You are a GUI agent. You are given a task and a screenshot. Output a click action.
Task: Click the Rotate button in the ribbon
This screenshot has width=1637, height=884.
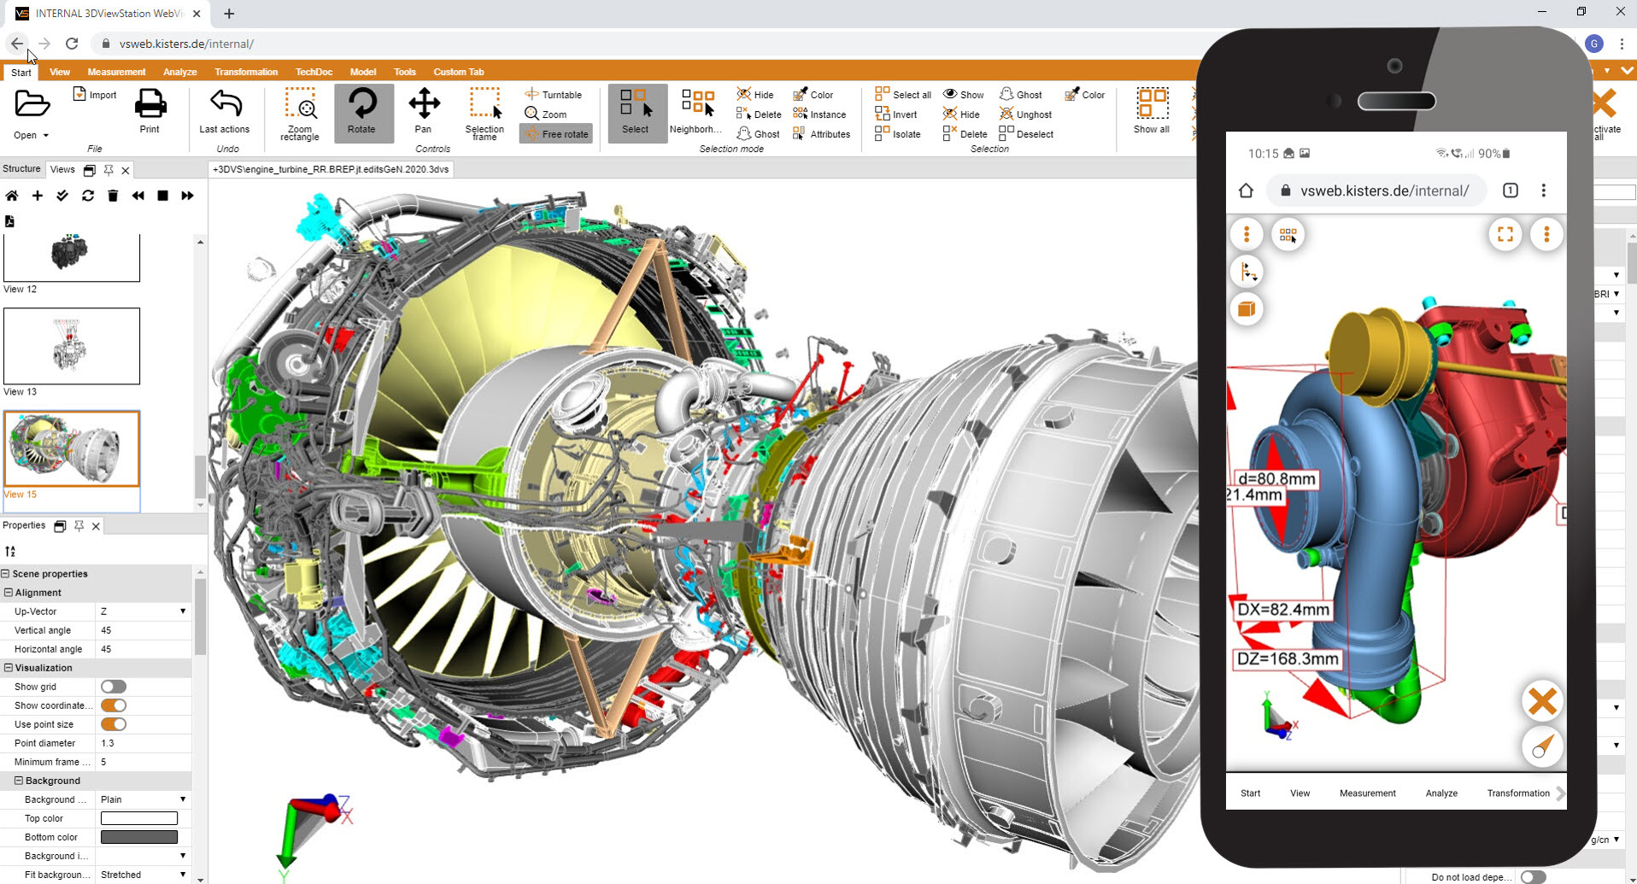pyautogui.click(x=362, y=112)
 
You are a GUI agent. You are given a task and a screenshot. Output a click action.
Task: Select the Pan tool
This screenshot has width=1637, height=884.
pyautogui.click(x=424, y=112)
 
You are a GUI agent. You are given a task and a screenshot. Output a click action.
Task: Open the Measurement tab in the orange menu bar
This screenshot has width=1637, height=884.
pyautogui.click(x=116, y=72)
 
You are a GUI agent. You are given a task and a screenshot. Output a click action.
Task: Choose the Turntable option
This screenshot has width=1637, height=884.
pyautogui.click(x=554, y=95)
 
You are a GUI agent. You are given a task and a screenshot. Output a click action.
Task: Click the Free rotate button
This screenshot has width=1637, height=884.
pyautogui.click(x=556, y=134)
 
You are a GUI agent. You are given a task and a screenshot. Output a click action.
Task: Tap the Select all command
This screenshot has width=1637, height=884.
pyautogui.click(x=903, y=95)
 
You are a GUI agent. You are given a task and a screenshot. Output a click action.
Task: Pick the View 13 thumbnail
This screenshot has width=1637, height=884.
pyautogui.click(x=72, y=346)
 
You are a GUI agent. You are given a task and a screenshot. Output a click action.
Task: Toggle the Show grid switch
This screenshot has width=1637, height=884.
pyautogui.click(x=114, y=687)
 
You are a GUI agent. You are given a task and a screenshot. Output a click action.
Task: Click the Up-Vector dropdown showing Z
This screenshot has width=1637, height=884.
pyautogui.click(x=143, y=612)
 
